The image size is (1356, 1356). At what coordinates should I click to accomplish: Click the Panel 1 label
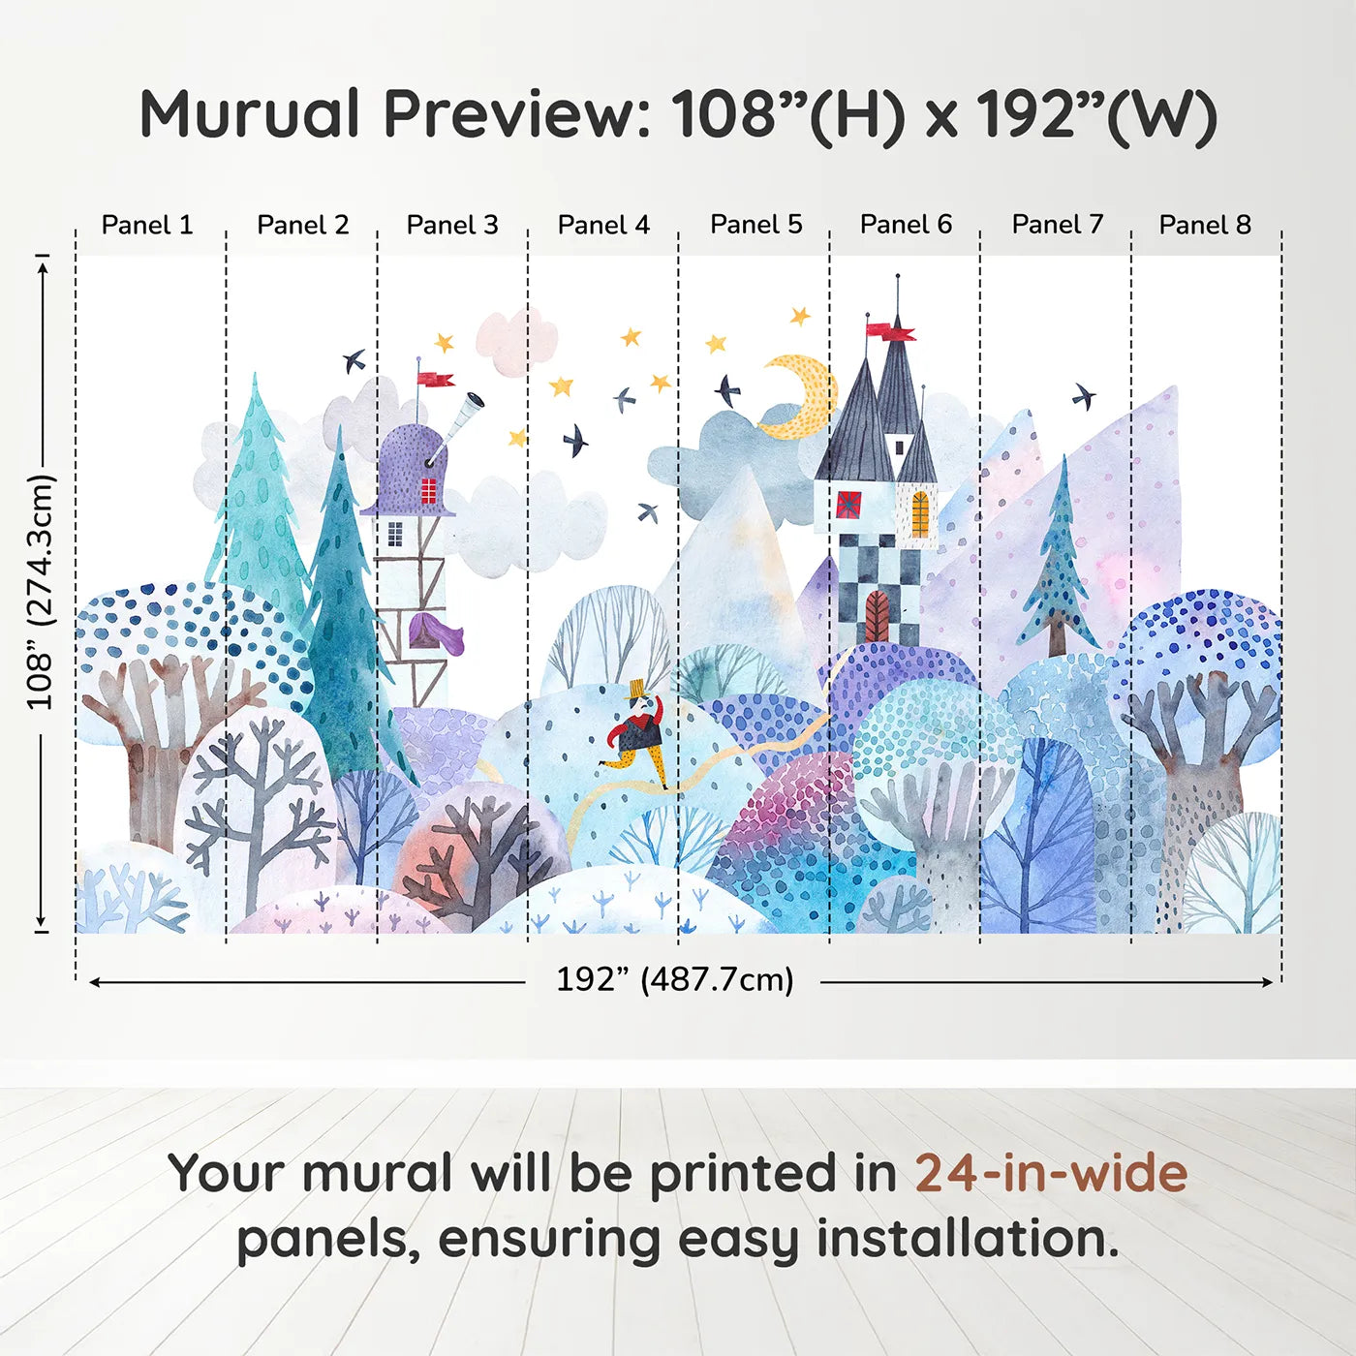pos(147,225)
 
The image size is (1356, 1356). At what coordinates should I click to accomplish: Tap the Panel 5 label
pos(755,225)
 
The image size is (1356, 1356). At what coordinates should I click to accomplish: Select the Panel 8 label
pos(1205,225)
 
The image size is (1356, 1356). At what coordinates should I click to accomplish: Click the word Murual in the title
pos(250,114)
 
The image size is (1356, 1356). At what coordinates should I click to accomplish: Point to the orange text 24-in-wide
pos(1051,1172)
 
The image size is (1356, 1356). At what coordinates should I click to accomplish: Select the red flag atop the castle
pos(889,330)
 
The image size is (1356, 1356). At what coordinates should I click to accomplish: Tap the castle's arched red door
pos(877,616)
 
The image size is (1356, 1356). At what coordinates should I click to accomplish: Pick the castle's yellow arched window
pos(920,514)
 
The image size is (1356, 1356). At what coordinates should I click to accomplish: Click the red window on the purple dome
pos(428,490)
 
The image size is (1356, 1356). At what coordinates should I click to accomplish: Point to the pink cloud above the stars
pos(516,341)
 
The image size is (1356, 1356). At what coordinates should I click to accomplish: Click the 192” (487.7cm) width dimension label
pos(674,979)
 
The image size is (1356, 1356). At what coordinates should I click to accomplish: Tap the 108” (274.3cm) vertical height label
pos(41,591)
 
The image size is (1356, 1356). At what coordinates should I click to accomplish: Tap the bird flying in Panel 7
pos(1084,395)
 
